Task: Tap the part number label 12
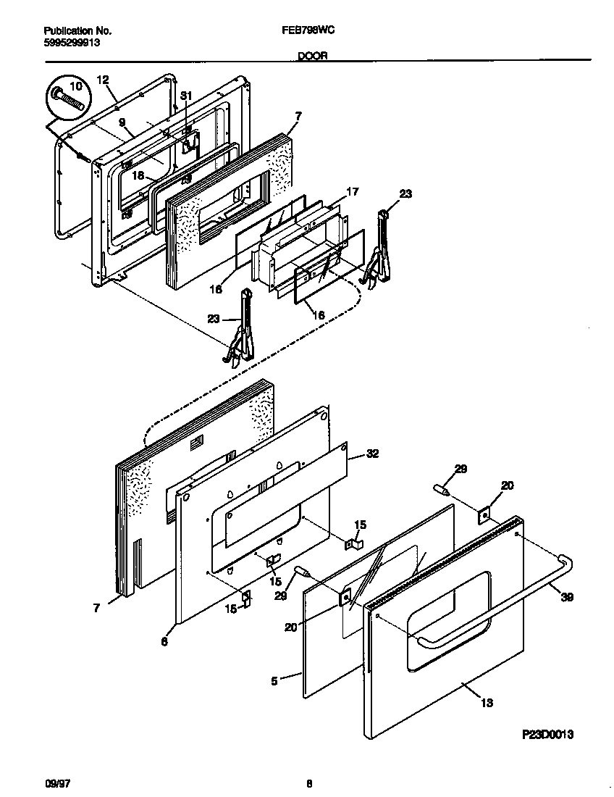click(x=102, y=79)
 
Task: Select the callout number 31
click(x=186, y=95)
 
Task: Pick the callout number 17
click(x=353, y=192)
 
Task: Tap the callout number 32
click(x=373, y=454)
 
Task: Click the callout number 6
click(x=164, y=641)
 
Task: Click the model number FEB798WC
click(x=307, y=31)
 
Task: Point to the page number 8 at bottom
click(x=309, y=783)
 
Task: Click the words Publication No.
click(x=77, y=31)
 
